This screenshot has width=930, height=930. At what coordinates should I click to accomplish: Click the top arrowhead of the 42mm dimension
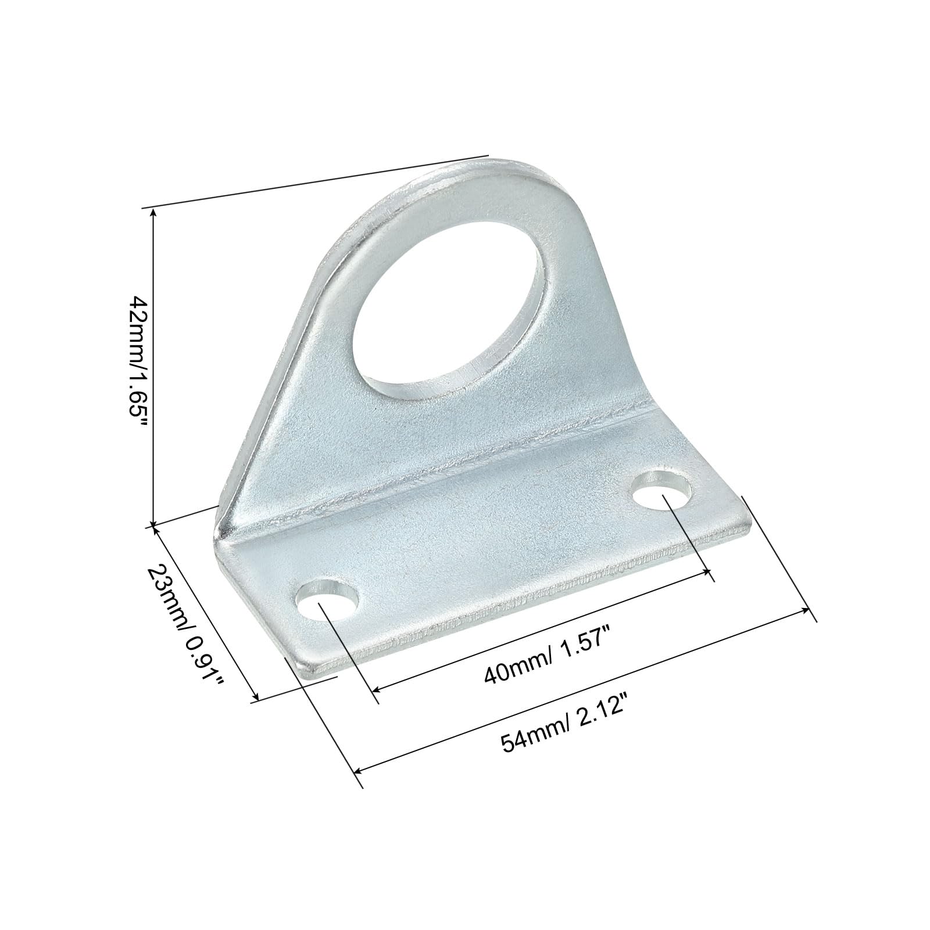coord(153,213)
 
